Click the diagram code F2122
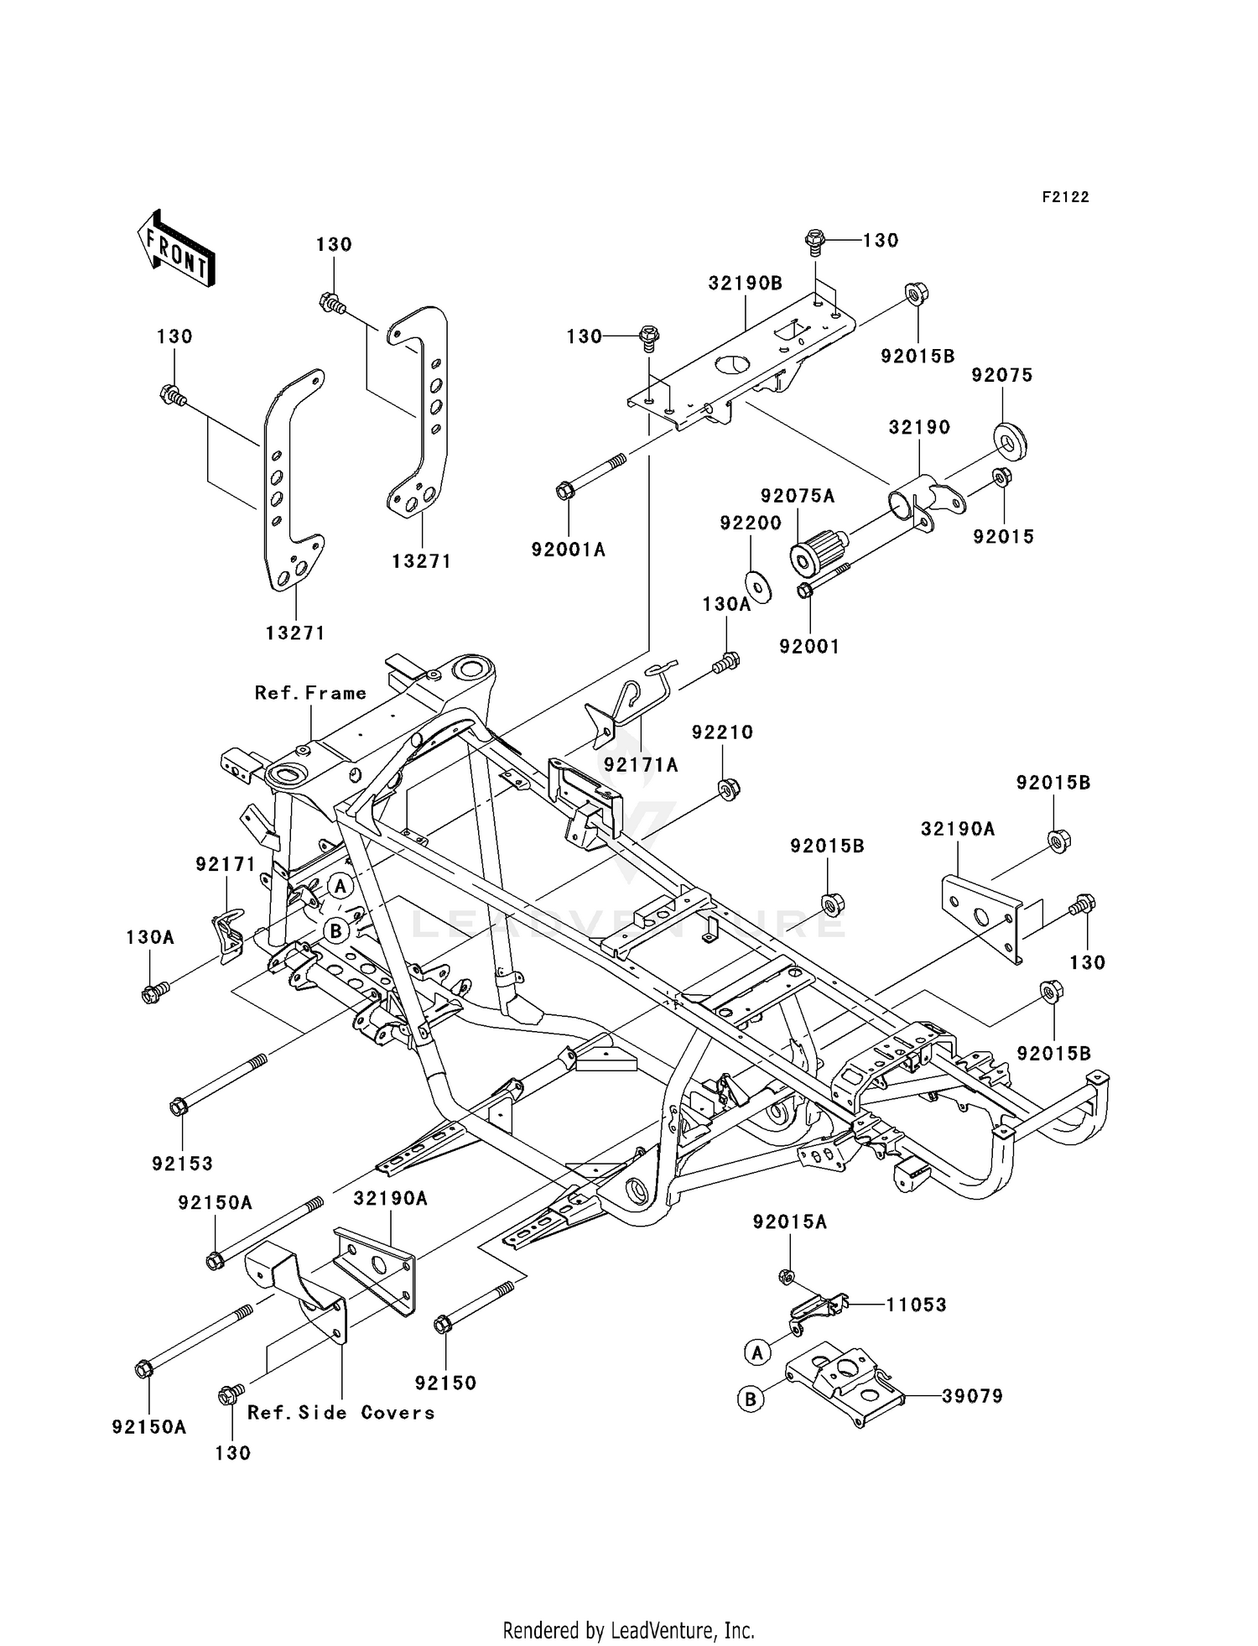click(x=1065, y=197)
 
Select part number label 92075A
click(x=798, y=496)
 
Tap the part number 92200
click(x=751, y=523)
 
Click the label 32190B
click(x=745, y=284)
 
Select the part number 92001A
click(x=568, y=550)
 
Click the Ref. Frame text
click(x=310, y=693)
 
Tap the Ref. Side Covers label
click(x=340, y=1413)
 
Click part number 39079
click(x=972, y=1396)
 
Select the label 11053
click(x=916, y=1305)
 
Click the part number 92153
click(x=182, y=1164)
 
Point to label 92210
click(x=722, y=732)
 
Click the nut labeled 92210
click(x=729, y=789)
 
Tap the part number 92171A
click(x=641, y=765)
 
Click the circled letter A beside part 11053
click(x=756, y=1352)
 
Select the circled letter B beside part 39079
click(x=751, y=1399)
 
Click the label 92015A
click(x=789, y=1222)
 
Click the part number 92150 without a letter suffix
click(x=445, y=1383)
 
